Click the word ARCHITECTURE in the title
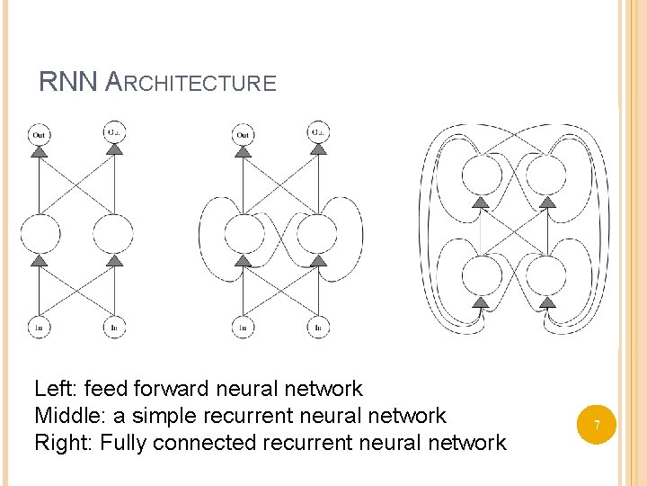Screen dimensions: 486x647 pos(191,84)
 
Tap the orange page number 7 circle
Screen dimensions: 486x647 pos(596,423)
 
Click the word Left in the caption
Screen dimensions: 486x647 pos(54,389)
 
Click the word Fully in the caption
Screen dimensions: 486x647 pos(126,443)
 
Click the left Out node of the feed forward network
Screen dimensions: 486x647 pos(39,134)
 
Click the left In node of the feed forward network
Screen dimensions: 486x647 pos(39,328)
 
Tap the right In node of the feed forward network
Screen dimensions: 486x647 pos(114,328)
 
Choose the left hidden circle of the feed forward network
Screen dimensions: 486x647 pos(39,233)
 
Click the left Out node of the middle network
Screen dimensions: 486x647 pos(243,134)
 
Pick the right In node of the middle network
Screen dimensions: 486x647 pos(318,328)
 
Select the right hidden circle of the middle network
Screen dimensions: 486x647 pos(318,233)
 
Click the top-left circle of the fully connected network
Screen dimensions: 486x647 pos(481,174)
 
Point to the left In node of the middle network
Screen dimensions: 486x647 pos(243,328)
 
